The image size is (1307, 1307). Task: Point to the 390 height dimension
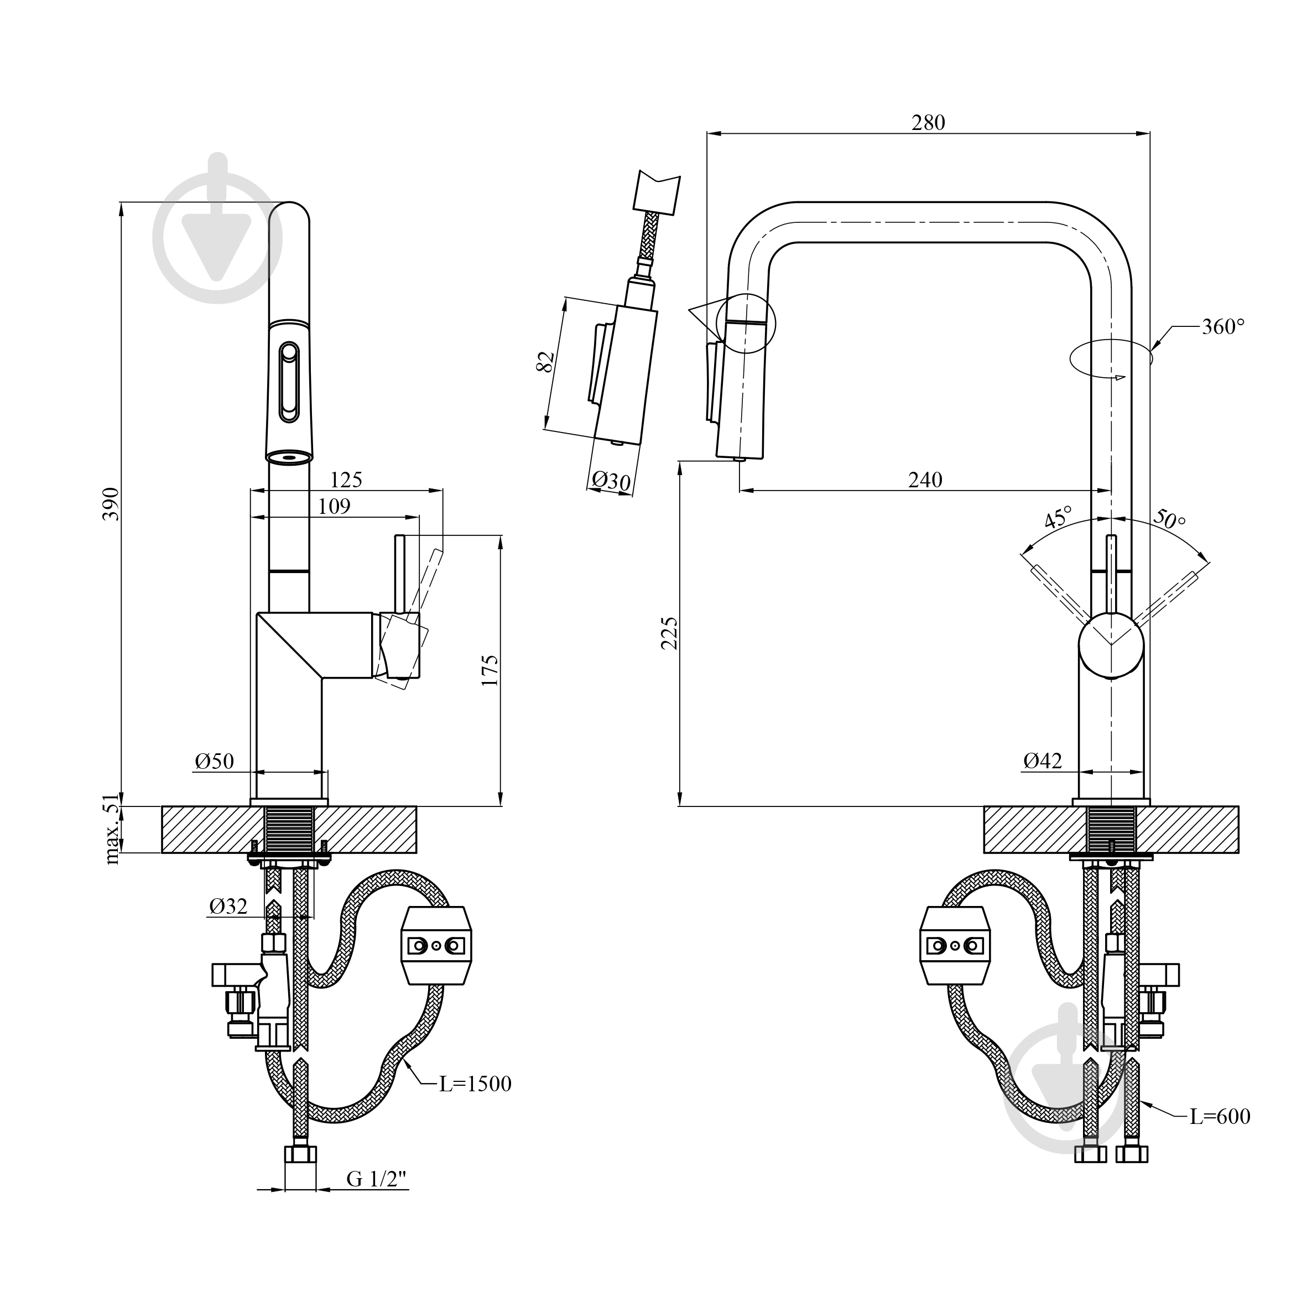[x=111, y=503]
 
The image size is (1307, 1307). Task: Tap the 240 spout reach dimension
[x=925, y=480]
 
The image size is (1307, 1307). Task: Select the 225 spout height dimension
[x=669, y=633]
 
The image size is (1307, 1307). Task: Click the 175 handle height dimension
[x=490, y=670]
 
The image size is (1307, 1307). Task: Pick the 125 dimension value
[x=346, y=480]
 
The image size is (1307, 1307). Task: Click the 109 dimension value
[x=334, y=506]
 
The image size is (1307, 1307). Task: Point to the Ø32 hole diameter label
[x=228, y=906]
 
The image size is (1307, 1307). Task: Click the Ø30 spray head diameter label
[x=611, y=481]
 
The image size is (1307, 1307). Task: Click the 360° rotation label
[x=1223, y=327]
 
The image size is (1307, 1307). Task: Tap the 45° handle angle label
[x=1059, y=517]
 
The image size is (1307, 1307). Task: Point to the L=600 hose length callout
[x=1220, y=1116]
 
